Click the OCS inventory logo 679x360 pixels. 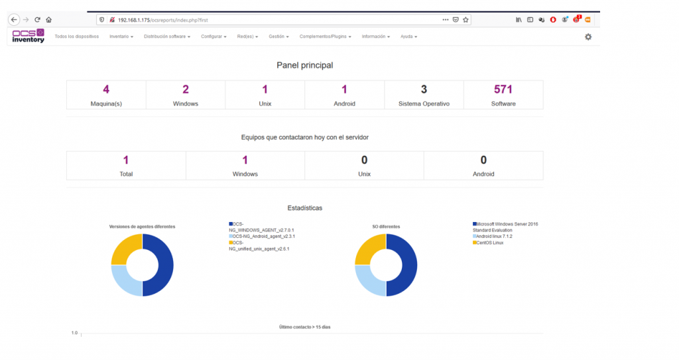click(28, 36)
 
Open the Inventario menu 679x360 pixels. click(121, 37)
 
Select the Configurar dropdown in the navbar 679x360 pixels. click(214, 37)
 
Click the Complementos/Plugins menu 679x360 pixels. click(325, 37)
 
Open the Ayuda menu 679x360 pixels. click(408, 37)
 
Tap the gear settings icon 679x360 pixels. click(588, 37)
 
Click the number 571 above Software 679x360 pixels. click(503, 90)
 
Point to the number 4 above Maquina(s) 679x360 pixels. click(106, 90)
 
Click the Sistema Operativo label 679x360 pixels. click(424, 104)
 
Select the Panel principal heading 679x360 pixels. click(305, 66)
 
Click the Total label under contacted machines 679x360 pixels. click(126, 174)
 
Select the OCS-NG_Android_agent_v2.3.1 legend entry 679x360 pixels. click(262, 237)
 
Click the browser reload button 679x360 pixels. click(37, 20)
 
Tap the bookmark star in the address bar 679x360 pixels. click(466, 20)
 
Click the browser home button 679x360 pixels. click(49, 20)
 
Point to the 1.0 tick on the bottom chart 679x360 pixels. click(74, 333)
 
